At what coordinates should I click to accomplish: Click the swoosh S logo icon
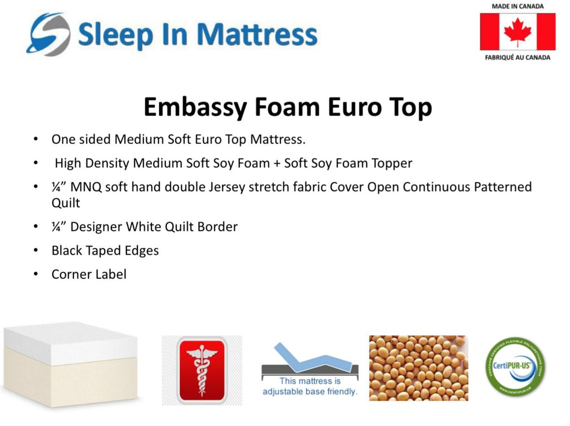pos(48,35)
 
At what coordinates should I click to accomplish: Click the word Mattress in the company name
pos(257,35)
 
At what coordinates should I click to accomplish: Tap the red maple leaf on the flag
pos(518,32)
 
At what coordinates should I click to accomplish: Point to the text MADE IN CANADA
pos(518,6)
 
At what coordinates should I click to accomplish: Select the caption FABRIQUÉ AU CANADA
pos(518,57)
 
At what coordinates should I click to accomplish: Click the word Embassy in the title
pos(195,107)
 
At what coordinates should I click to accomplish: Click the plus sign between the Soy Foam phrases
pos(277,163)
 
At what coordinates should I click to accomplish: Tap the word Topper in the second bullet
pos(392,164)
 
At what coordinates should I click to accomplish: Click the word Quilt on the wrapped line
pos(66,203)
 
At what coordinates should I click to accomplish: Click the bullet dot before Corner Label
pos(36,274)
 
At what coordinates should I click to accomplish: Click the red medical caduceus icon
pos(202,370)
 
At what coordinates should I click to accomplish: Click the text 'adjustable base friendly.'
pos(310,391)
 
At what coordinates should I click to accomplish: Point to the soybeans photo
pos(419,368)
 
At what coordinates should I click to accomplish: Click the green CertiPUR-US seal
pos(515,366)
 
